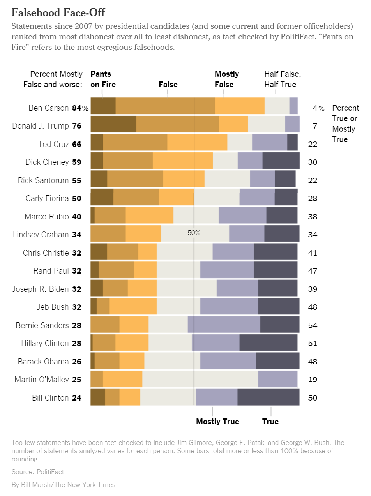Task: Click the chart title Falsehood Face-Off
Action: pyautogui.click(x=58, y=12)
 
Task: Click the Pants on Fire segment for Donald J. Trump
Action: pyautogui.click(x=113, y=124)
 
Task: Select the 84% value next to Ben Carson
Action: pyautogui.click(x=80, y=108)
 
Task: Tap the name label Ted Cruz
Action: pyautogui.click(x=54, y=144)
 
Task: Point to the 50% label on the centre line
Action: pyautogui.click(x=194, y=233)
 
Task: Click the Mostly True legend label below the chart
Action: pyautogui.click(x=217, y=422)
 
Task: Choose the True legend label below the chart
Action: pyautogui.click(x=270, y=422)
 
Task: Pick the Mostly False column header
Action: pyautogui.click(x=227, y=79)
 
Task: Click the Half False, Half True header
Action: pyautogui.click(x=283, y=79)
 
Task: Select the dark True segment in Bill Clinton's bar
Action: pyautogui.click(x=268, y=397)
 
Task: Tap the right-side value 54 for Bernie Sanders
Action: pyautogui.click(x=313, y=325)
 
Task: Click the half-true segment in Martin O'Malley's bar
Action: pyautogui.click(x=200, y=379)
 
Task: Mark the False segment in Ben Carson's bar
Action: pyautogui.click(x=165, y=106)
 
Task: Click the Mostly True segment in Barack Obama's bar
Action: pyautogui.click(x=228, y=361)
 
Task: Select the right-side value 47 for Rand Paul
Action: pyautogui.click(x=313, y=271)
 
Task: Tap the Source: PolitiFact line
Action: pyautogui.click(x=38, y=472)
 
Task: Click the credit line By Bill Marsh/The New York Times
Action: pyautogui.click(x=64, y=485)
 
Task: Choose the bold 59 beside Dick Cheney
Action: pyautogui.click(x=77, y=162)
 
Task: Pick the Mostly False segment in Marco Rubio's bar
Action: pyautogui.click(x=149, y=216)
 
